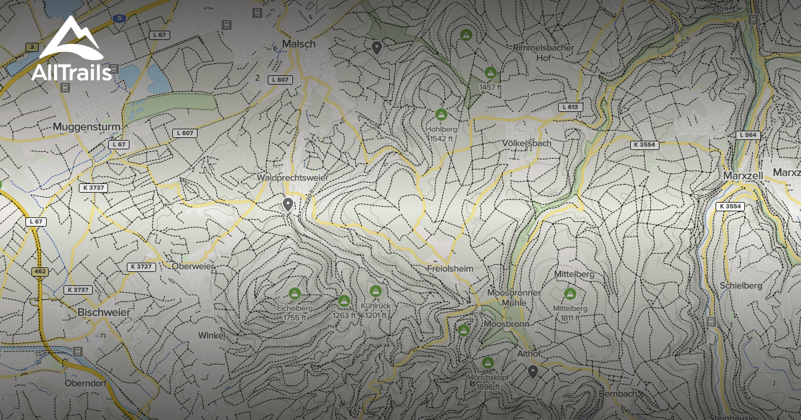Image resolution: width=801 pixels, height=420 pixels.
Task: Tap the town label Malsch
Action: [x=298, y=43]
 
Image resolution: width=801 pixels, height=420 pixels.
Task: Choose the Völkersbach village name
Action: [x=529, y=143]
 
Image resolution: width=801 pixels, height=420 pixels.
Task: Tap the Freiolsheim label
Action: [x=449, y=268]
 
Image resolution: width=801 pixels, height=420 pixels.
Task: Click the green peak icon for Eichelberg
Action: [x=294, y=293]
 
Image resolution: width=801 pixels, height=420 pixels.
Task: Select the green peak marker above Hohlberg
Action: [x=441, y=115]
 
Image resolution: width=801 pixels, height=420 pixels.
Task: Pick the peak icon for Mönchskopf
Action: [x=488, y=363]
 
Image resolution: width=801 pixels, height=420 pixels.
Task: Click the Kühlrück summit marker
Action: [x=376, y=292]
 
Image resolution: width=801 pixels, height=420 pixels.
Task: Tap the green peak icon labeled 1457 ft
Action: [x=491, y=73]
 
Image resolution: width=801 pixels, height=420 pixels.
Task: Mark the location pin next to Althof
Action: [x=533, y=371]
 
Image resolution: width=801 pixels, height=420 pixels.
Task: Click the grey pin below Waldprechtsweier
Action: [x=288, y=205]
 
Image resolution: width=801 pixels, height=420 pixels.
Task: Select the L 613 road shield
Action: [x=570, y=107]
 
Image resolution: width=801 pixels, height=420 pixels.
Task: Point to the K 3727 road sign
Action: [x=142, y=267]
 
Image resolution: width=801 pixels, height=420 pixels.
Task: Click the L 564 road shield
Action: [x=748, y=135]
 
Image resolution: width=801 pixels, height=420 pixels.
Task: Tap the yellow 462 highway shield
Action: [x=39, y=272]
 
